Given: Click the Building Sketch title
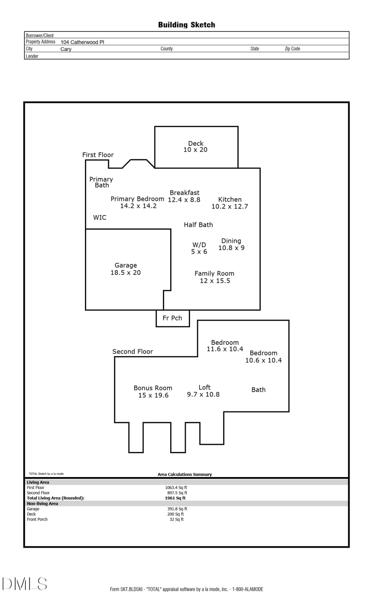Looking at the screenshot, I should click(x=186, y=25).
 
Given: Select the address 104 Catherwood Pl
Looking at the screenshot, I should click(x=82, y=42).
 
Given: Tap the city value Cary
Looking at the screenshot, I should click(x=66, y=49).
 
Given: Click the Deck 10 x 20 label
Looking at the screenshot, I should click(x=195, y=147).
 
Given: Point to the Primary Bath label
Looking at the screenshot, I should click(x=101, y=182).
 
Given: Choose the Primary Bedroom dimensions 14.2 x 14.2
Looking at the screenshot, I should click(x=138, y=206).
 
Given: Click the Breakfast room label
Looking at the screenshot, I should click(x=184, y=193).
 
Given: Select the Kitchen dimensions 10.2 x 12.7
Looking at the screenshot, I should click(x=230, y=206).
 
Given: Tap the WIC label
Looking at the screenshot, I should click(x=99, y=217).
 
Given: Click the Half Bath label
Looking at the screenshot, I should click(x=198, y=225).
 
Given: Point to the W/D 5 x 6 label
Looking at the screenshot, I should click(x=199, y=248).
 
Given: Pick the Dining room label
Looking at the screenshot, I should click(x=231, y=241).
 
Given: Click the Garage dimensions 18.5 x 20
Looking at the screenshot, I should click(x=125, y=273).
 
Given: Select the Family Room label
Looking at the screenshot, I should click(x=214, y=274).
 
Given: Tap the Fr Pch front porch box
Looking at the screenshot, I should click(x=172, y=318).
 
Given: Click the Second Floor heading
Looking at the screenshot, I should click(x=132, y=352).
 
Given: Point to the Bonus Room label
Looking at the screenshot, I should click(x=153, y=388).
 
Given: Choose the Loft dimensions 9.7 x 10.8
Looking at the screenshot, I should click(x=203, y=395).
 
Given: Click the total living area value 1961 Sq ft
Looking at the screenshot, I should click(x=175, y=498).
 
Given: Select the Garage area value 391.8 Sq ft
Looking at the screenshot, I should click(x=177, y=509).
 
